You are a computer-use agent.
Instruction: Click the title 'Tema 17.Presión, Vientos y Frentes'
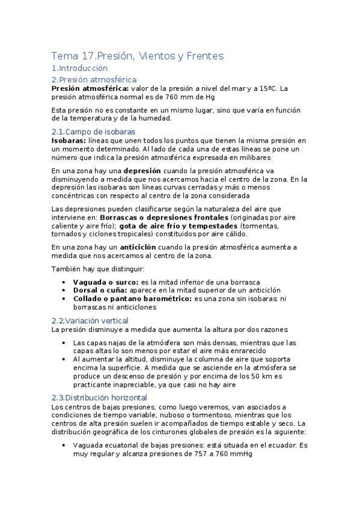137,57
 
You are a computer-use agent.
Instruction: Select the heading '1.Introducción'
79,69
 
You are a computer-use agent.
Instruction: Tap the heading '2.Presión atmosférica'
94,79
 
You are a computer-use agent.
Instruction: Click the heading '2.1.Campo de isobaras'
93,132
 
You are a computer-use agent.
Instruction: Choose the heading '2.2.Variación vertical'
90,321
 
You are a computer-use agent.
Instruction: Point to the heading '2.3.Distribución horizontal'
99,398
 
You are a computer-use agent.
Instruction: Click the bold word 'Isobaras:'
69,140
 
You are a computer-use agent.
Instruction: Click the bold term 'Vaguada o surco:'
106,281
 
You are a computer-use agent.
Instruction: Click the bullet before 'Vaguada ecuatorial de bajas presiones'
64,446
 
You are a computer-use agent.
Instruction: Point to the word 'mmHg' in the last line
240,454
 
